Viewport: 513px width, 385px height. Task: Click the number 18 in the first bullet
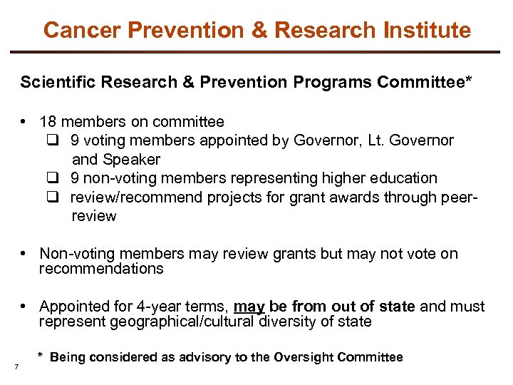click(x=48, y=122)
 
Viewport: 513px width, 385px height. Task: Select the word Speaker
click(x=133, y=159)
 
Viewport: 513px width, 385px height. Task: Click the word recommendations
click(x=101, y=269)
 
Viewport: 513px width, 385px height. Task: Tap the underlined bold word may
click(x=249, y=307)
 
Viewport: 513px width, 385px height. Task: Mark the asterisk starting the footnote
click(x=41, y=355)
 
